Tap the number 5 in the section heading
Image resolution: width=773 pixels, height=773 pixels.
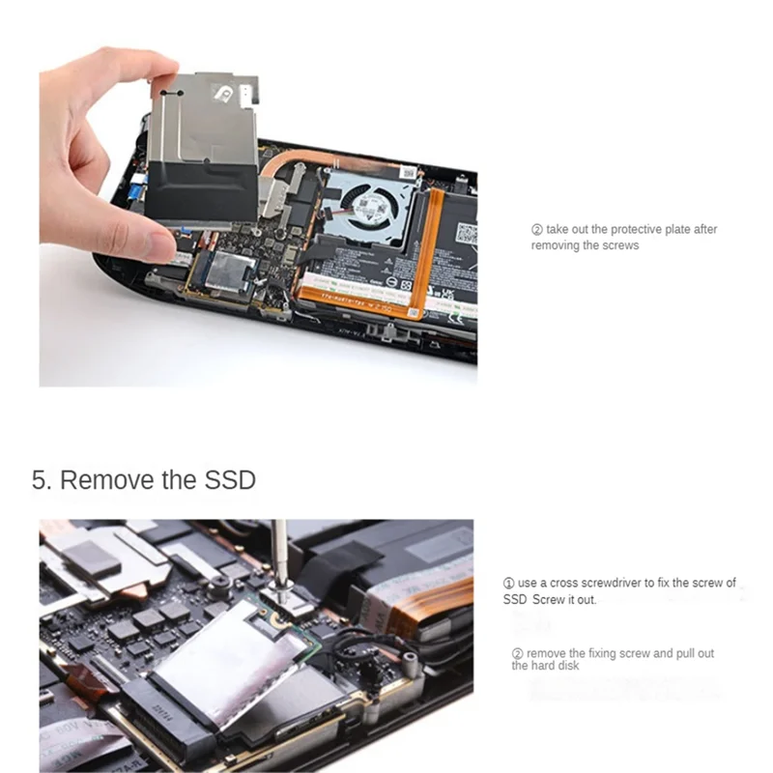pyautogui.click(x=40, y=479)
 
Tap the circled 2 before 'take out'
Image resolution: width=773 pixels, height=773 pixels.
pyautogui.click(x=537, y=230)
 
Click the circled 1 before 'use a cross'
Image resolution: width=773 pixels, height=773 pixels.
pyautogui.click(x=508, y=583)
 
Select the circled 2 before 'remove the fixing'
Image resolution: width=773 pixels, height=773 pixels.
pyautogui.click(x=517, y=653)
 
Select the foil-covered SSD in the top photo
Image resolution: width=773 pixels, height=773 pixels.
pyautogui.click(x=228, y=276)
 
